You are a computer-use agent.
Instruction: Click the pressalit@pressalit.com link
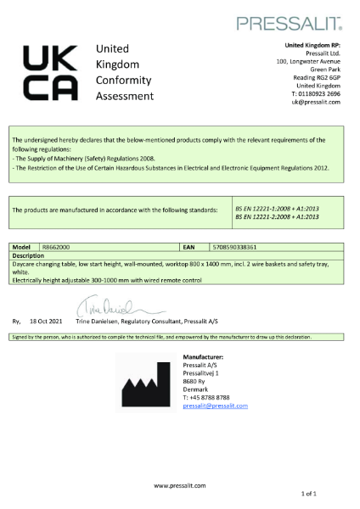(x=215, y=406)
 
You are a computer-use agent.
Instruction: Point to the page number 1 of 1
(x=333, y=493)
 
